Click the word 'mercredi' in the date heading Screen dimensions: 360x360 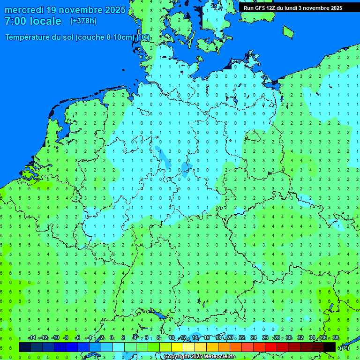coord(24,10)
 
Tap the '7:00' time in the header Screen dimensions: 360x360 coord(15,21)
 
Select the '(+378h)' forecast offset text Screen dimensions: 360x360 coord(83,21)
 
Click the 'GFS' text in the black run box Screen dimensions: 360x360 coord(260,8)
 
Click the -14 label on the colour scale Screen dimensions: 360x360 coord(32,338)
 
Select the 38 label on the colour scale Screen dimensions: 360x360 coord(336,338)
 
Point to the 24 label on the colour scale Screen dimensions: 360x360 coord(254,338)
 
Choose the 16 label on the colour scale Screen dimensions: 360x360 coord(207,338)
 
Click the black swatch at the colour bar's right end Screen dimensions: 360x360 coord(330,347)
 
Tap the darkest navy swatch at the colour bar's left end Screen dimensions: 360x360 coord(25,347)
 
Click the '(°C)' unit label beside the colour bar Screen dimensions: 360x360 coord(344,347)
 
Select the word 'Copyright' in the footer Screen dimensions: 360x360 coord(176,357)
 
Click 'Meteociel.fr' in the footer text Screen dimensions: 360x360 coord(219,357)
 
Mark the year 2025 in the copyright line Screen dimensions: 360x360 coord(196,357)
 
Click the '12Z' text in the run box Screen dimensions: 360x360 coord(272,8)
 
